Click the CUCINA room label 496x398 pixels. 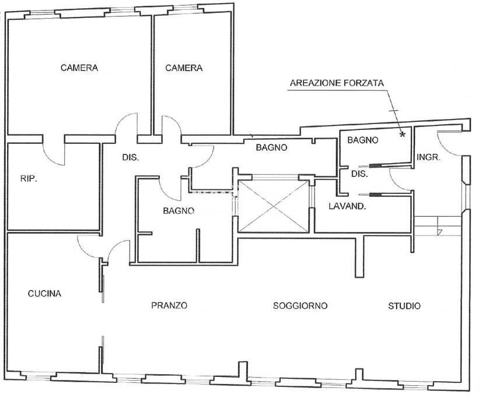click(44, 294)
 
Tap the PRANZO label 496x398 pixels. click(169, 305)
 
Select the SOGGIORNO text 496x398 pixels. click(300, 305)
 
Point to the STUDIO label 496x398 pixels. click(404, 305)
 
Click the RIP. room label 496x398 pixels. click(28, 179)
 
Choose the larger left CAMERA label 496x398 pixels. click(79, 68)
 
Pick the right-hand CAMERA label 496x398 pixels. click(184, 68)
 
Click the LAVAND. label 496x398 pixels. click(347, 206)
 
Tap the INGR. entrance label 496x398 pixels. click(428, 157)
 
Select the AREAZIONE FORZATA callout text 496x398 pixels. click(337, 83)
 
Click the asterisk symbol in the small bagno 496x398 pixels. click(402, 135)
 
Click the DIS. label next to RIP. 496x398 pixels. click(130, 157)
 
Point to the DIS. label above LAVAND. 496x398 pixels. click(359, 174)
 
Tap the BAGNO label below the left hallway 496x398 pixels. click(179, 210)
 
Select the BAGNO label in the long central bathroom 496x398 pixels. click(271, 147)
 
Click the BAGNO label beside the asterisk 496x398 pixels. click(362, 140)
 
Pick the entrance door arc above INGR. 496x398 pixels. click(448, 140)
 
